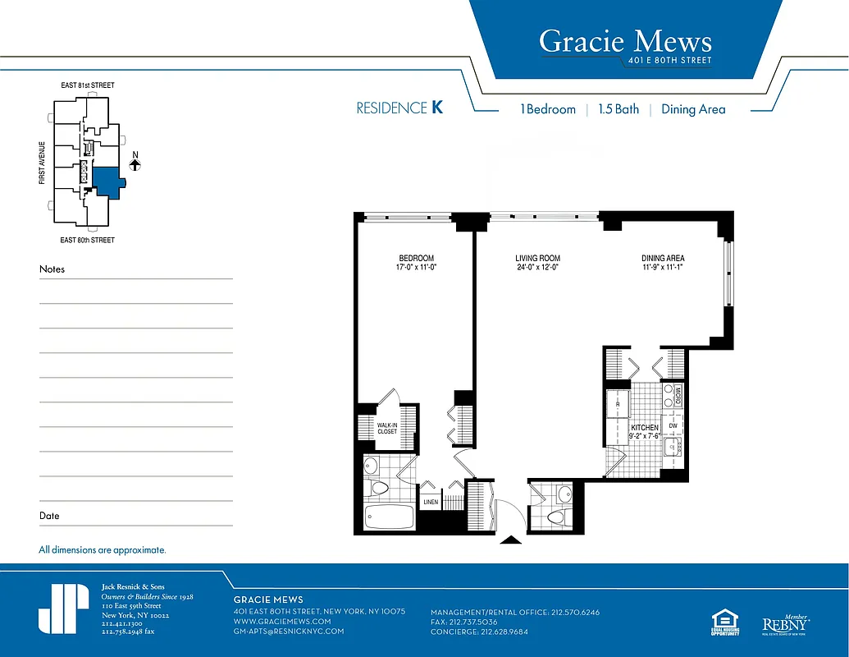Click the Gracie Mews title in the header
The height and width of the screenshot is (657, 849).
click(x=625, y=41)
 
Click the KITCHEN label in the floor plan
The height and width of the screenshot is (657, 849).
click(x=644, y=428)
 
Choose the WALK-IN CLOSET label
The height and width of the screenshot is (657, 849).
click(x=387, y=426)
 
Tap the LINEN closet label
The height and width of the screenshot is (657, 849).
click(x=431, y=502)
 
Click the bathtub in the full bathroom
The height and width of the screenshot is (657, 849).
click(x=389, y=518)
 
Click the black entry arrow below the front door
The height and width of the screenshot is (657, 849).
click(x=510, y=540)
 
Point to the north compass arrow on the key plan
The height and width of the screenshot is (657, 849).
click(x=135, y=164)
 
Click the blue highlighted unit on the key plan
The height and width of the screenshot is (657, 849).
click(x=107, y=179)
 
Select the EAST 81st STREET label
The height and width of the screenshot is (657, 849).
click(x=88, y=85)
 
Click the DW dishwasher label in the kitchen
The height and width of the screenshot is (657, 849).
click(x=673, y=425)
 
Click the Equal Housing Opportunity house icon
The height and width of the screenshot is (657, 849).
click(x=725, y=620)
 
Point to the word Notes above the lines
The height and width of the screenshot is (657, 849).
click(x=52, y=269)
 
